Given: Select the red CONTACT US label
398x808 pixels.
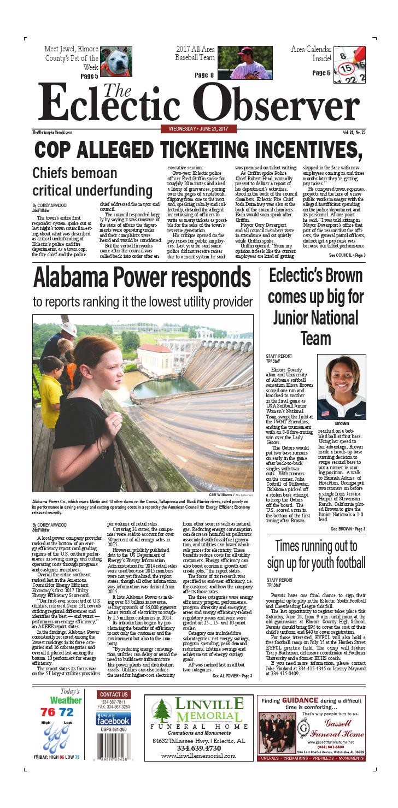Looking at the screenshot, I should (x=114, y=694).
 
